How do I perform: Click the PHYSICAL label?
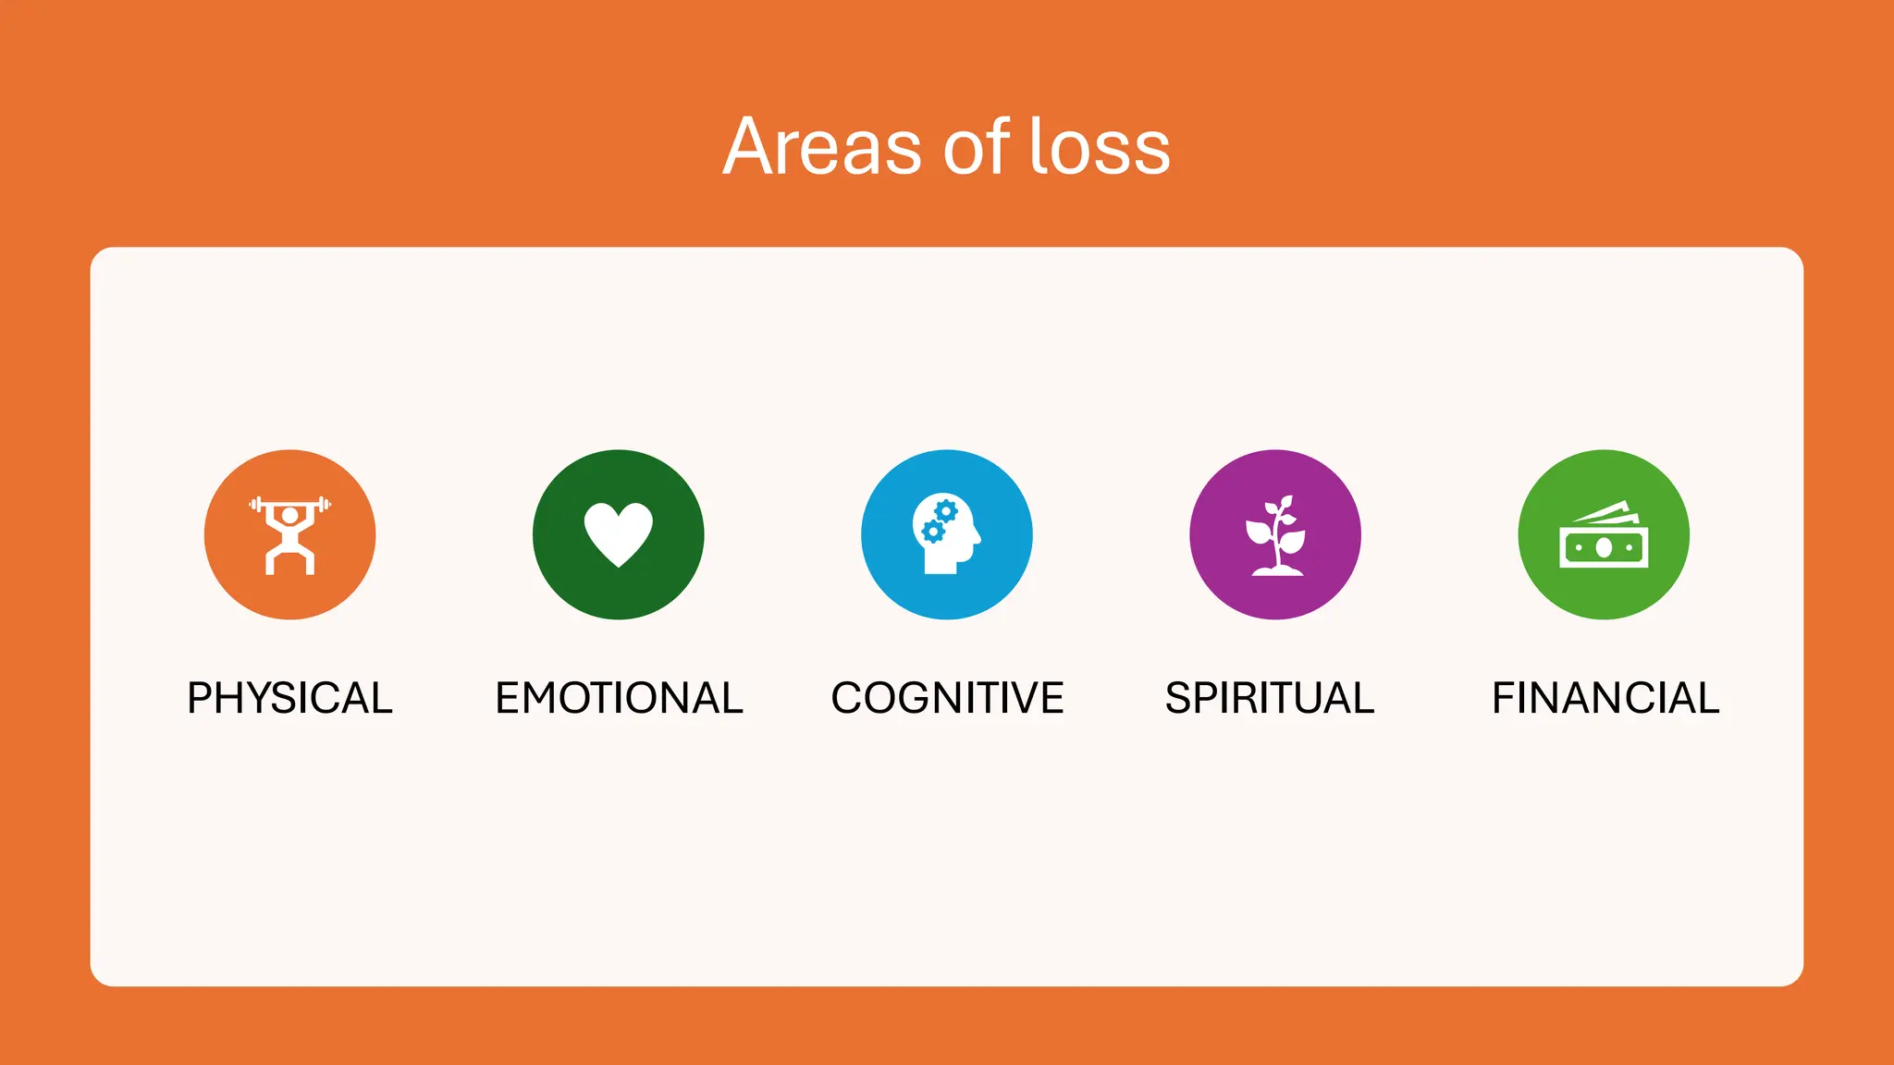click(289, 698)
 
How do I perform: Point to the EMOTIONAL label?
click(619, 698)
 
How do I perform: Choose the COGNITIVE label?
click(947, 698)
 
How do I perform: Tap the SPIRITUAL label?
click(1269, 698)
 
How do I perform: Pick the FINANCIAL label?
click(1605, 698)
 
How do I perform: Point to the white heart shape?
click(618, 531)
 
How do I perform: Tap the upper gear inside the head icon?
click(945, 511)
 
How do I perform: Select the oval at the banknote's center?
click(1604, 548)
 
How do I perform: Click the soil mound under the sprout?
click(1277, 571)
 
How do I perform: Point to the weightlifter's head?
click(290, 515)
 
